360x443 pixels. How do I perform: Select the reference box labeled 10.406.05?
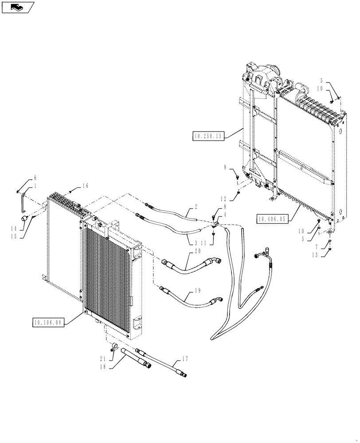tap(271, 218)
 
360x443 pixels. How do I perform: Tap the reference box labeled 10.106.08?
tap(48, 323)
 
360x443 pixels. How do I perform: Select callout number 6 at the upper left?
tap(35, 178)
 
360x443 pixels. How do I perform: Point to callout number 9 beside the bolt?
tap(225, 168)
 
